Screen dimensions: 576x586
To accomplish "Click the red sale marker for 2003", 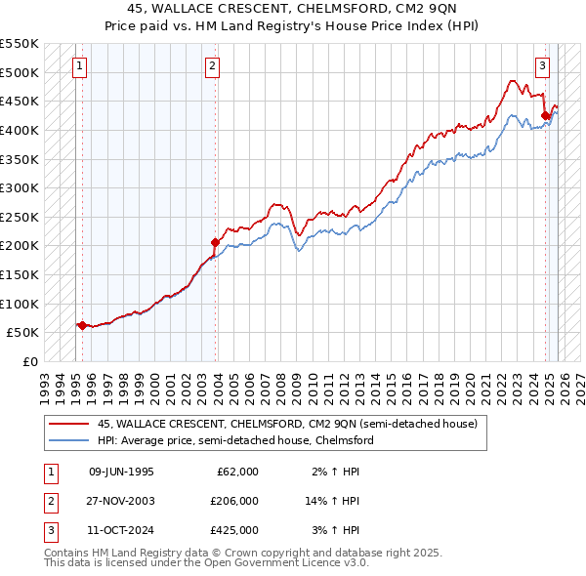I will point(215,242).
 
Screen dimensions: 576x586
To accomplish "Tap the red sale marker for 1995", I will point(81,325).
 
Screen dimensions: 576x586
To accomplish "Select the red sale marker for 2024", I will point(545,115).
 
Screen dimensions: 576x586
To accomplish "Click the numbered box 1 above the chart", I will point(80,66).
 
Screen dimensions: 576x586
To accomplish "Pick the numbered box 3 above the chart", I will point(542,66).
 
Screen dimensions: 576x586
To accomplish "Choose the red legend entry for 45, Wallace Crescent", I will point(286,425).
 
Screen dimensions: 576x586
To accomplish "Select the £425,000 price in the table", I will point(234,530).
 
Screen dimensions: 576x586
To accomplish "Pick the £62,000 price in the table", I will point(237,472).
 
